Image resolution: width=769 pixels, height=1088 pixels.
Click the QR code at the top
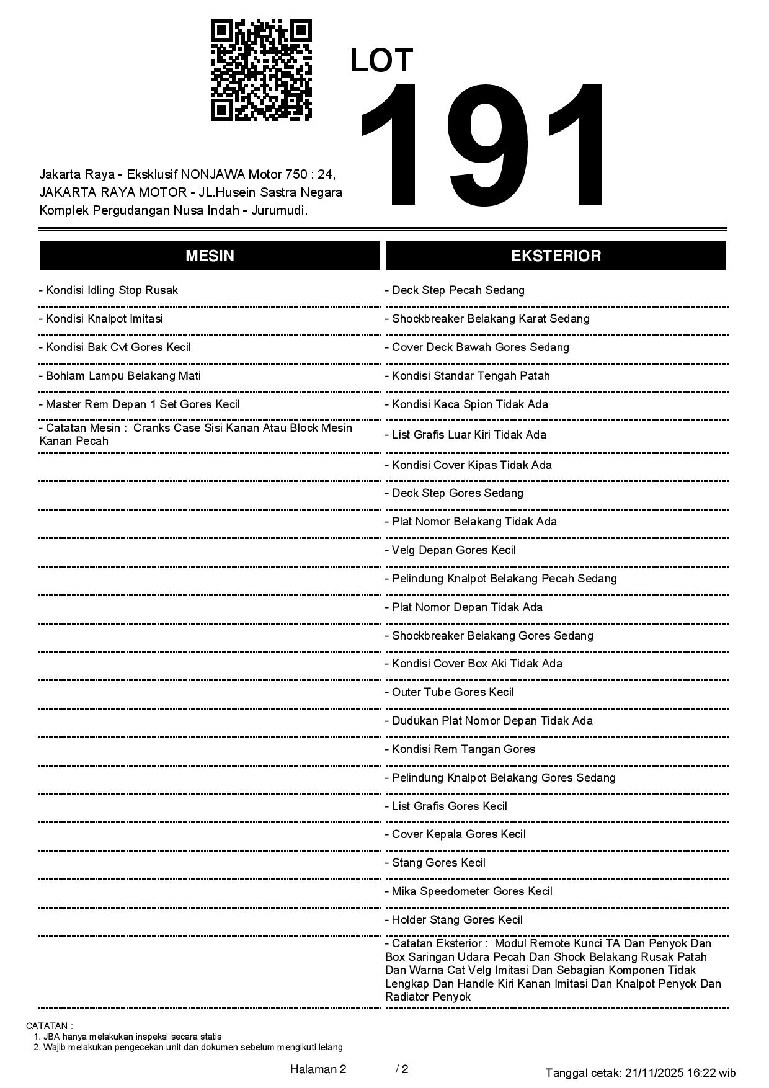pos(261,70)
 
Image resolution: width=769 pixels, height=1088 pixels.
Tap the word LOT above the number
pos(381,61)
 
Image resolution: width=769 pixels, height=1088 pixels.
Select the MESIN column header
pos(210,256)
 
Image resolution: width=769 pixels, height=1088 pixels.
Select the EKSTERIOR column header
pos(556,256)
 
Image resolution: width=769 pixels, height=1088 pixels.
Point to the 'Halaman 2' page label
pos(318,1069)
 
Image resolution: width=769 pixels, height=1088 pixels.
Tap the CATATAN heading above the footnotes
pos(50,1026)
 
